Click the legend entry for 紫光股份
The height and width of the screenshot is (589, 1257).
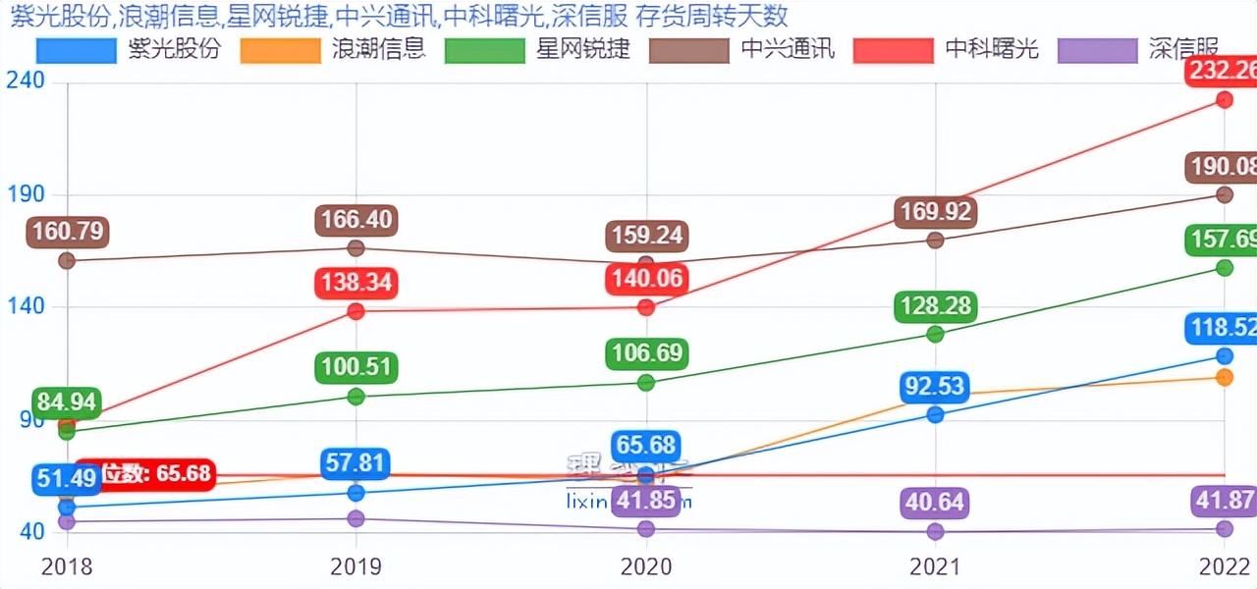tap(128, 49)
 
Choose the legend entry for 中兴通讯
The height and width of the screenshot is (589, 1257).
tap(741, 49)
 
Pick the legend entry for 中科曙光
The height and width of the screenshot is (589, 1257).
tap(946, 49)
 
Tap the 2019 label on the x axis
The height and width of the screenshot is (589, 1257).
tap(356, 567)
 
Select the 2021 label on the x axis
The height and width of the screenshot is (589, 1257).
tap(935, 567)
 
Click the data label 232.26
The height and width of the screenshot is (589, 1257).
tap(1222, 72)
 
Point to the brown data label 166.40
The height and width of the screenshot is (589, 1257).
tap(355, 220)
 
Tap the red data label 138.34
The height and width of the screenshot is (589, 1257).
tap(355, 284)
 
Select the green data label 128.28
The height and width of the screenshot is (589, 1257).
tap(935, 306)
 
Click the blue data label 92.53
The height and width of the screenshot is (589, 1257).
tap(935, 386)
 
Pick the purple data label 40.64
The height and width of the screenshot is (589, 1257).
tap(935, 504)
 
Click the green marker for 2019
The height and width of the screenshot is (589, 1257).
tap(356, 397)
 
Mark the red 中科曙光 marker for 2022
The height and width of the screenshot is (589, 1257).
tap(1225, 99)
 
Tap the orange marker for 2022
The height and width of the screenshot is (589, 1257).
tap(1225, 377)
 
